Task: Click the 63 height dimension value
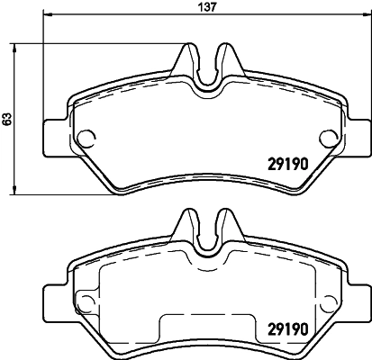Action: tap(7, 117)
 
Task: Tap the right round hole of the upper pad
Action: tap(326, 137)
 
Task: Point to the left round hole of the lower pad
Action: tap(88, 302)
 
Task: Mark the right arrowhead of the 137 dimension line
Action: tap(365, 17)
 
